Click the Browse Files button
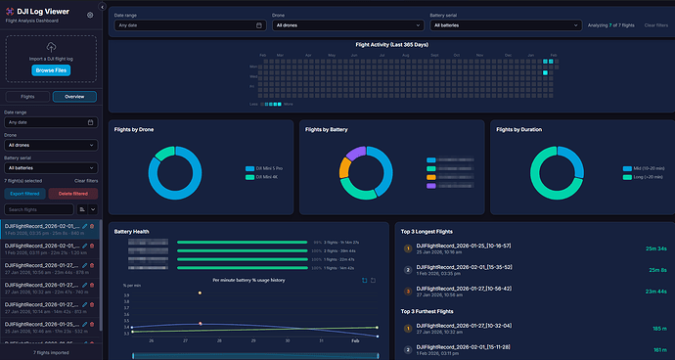(51, 70)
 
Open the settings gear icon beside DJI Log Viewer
(91, 16)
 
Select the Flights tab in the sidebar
(28, 97)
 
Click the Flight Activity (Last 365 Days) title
(390, 45)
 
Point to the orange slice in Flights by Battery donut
(343, 168)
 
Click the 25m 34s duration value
(655, 249)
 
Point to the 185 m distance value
(658, 330)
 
